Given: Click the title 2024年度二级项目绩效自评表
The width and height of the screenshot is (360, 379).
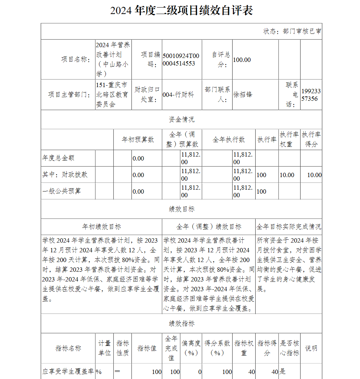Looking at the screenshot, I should (181, 10).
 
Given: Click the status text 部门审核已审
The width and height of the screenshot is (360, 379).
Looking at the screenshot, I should (292, 31).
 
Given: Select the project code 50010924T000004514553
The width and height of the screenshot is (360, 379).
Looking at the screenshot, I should (181, 60).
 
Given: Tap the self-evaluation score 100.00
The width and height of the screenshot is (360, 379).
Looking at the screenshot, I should (242, 60).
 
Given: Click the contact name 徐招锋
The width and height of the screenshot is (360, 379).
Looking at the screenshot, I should (243, 95).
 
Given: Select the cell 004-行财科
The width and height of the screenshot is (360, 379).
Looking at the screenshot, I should (178, 95).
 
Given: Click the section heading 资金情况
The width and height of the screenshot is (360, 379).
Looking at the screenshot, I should (181, 119).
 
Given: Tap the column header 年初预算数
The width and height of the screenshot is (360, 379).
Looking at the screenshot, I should (138, 140).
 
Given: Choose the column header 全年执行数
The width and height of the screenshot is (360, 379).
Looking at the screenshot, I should (229, 140).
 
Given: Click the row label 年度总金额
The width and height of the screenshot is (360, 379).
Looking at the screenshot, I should (59, 158).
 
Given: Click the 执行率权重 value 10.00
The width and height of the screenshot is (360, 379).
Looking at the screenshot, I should (287, 175).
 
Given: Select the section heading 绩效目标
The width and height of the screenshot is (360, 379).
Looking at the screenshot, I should (181, 209).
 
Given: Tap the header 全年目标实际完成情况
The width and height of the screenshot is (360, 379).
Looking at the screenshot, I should (289, 227).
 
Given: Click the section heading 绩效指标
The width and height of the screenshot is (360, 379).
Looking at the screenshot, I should (181, 324).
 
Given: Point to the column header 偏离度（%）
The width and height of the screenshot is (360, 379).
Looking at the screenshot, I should (191, 348).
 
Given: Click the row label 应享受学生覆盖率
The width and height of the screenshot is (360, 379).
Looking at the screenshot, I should (68, 371).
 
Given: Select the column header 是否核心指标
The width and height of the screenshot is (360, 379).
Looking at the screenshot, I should (289, 348).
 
